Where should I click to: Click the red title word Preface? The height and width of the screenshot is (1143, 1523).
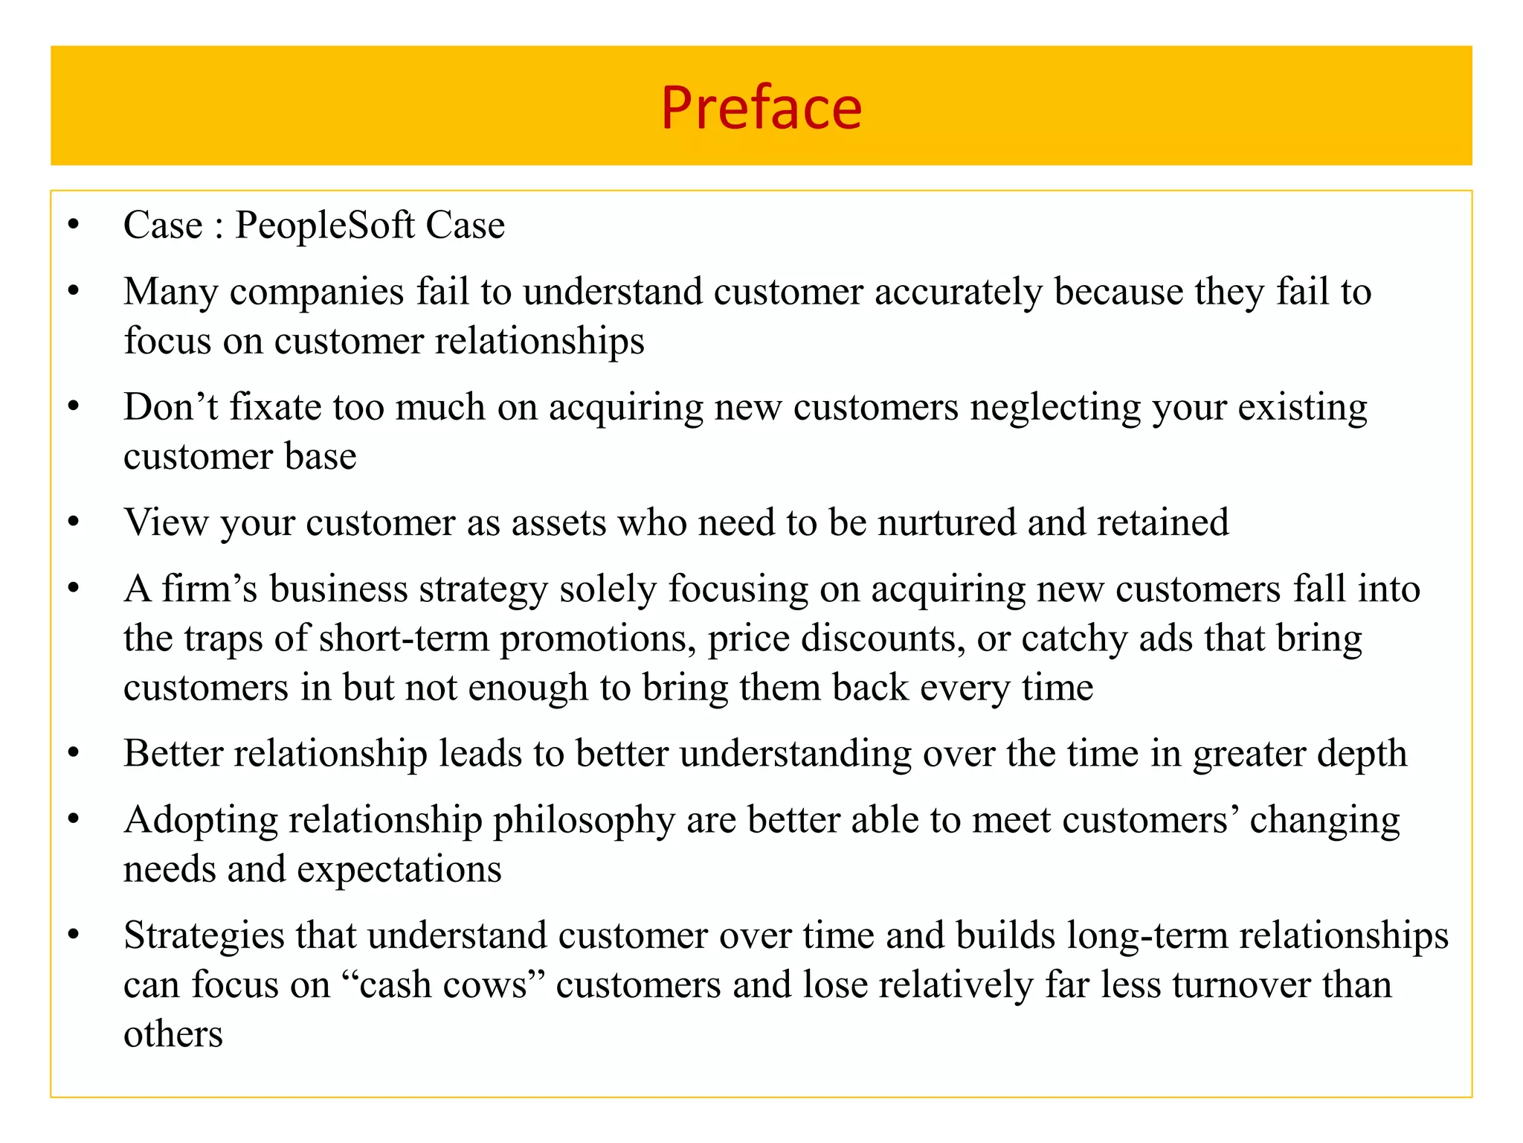coord(761,109)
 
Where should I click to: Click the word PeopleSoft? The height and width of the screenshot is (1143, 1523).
coord(324,225)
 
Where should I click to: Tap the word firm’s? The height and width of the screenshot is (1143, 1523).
coord(210,589)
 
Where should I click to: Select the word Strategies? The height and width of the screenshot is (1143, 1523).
coord(204,936)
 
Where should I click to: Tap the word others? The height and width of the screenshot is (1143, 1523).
coord(173,1034)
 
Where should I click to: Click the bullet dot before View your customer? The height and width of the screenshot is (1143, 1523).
coord(73,523)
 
